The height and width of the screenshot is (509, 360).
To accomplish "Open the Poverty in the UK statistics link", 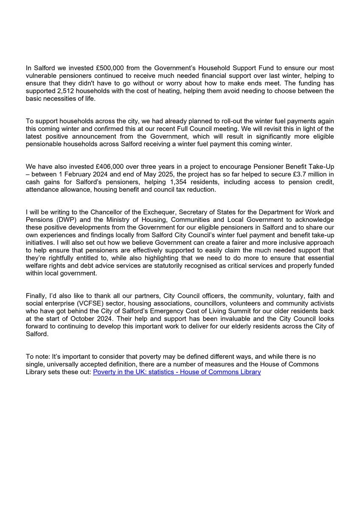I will tap(177, 372).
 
